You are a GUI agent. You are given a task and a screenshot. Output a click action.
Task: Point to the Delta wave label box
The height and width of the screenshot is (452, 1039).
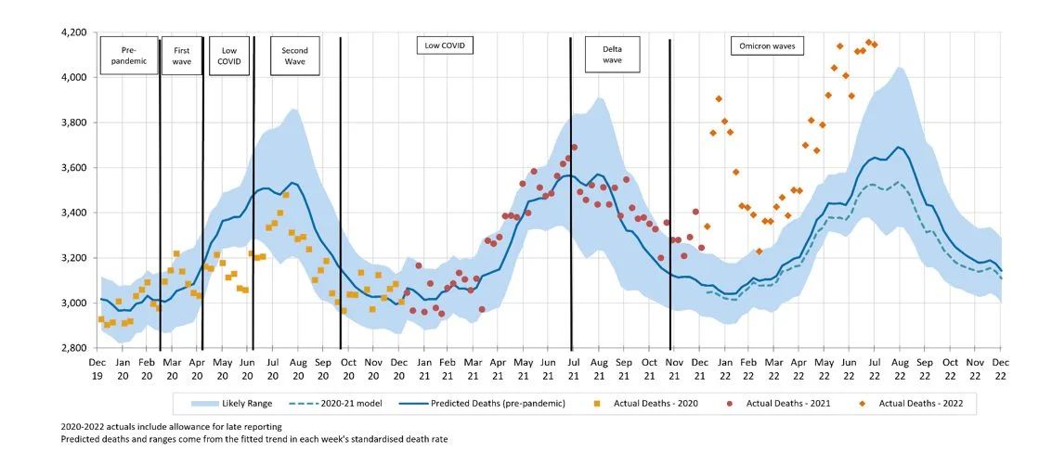[x=612, y=55]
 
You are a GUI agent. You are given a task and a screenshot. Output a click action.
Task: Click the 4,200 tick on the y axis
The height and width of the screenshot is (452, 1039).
[x=72, y=32]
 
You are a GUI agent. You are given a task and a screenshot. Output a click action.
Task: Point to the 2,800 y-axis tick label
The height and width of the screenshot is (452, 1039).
[x=72, y=348]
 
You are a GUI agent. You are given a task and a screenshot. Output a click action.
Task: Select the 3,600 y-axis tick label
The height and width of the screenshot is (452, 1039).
[x=72, y=168]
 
